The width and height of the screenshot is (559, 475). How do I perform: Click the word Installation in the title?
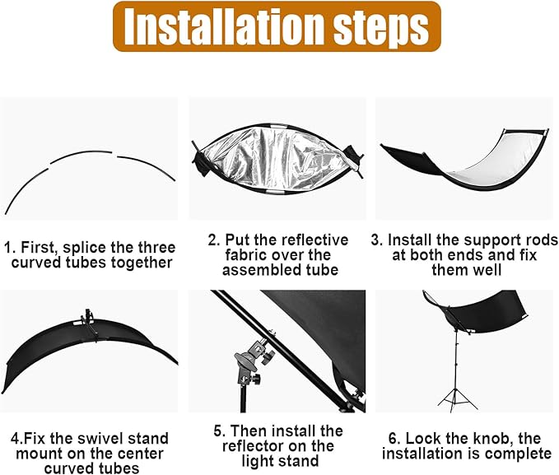pyautogui.click(x=225, y=27)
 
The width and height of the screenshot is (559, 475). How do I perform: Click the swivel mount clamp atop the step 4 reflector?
pyautogui.click(x=89, y=322)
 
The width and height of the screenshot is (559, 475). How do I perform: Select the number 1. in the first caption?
pyautogui.click(x=10, y=248)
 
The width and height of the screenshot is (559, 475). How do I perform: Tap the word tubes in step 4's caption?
pyautogui.click(x=119, y=468)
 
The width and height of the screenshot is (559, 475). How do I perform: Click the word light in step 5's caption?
pyautogui.click(x=256, y=462)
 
